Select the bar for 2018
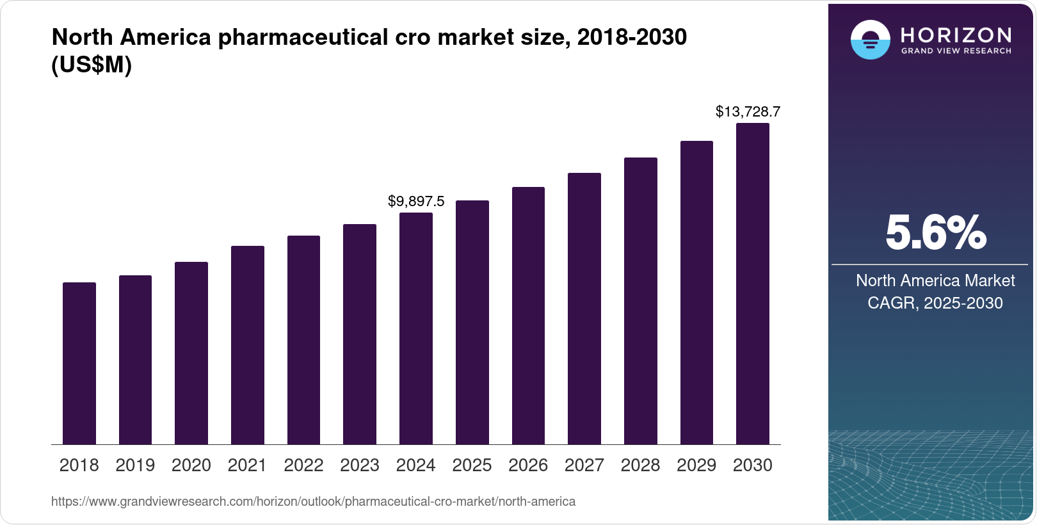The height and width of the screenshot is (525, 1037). pos(79,363)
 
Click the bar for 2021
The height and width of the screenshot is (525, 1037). pos(248,345)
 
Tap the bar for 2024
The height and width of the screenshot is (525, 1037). pos(416,328)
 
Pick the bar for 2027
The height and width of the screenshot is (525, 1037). pos(584,309)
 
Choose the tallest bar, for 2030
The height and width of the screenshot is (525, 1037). pos(753,284)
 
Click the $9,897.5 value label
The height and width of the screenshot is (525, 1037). pos(416,202)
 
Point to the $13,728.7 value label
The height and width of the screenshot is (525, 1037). pos(748,112)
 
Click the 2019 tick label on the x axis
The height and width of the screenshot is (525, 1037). pos(135,465)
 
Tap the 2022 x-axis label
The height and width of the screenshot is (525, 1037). pos(303,465)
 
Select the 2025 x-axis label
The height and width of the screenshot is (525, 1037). pos(472,465)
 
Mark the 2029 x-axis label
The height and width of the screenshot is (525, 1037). pos(696,465)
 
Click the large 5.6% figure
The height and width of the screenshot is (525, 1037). pos(935,233)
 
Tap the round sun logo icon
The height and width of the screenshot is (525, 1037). pos(870,40)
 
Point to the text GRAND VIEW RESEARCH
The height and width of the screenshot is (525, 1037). pos(956,51)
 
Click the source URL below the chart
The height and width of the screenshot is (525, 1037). pos(313,501)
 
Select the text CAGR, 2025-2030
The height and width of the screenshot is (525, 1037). pos(935,303)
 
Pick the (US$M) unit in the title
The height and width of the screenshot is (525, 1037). pos(92,65)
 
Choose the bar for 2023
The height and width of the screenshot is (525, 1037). pos(360,334)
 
